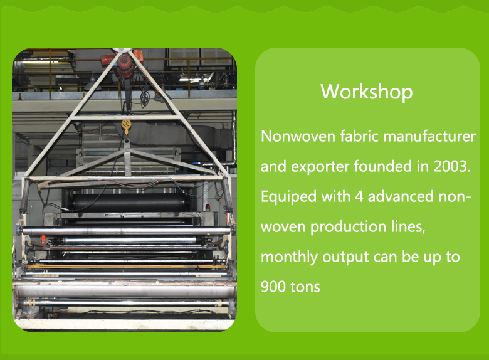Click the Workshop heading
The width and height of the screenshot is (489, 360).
click(367, 92)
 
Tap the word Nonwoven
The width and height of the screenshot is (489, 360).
click(298, 136)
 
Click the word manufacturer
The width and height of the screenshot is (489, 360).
click(429, 136)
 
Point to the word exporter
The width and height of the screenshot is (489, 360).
click(320, 166)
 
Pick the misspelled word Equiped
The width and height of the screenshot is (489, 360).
click(288, 197)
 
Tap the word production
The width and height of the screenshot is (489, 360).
click(349, 226)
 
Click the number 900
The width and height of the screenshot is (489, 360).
click(273, 287)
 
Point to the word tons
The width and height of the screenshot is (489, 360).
click(305, 287)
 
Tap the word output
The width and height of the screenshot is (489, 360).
click(345, 258)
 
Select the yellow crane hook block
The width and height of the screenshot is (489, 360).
click(125, 125)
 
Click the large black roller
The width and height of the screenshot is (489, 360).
click(129, 202)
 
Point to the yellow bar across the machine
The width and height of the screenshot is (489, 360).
click(126, 267)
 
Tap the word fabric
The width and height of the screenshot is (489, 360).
click(359, 136)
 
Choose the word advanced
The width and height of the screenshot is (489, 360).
click(401, 196)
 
